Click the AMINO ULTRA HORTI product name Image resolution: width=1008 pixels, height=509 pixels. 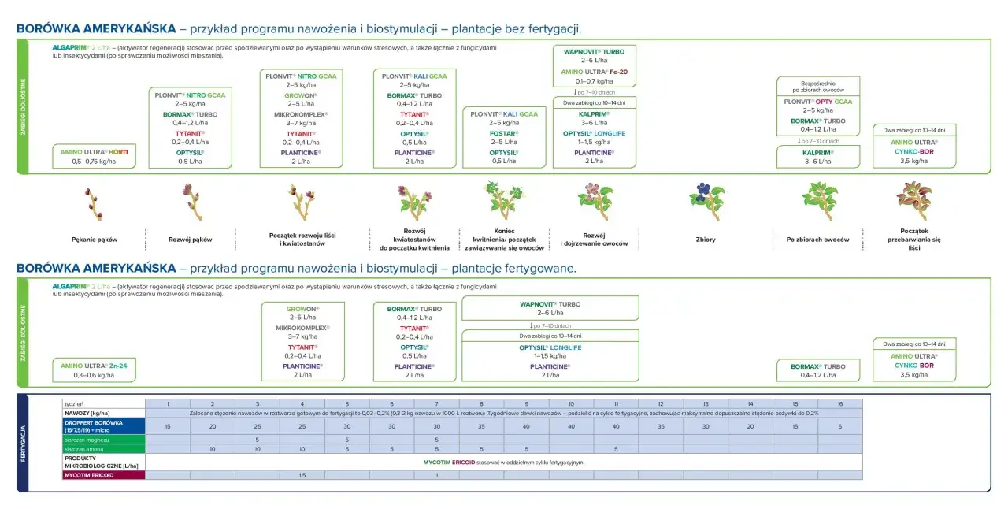(94, 151)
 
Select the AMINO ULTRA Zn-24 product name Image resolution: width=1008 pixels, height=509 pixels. (94, 366)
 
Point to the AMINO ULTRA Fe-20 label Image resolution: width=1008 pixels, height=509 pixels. (595, 72)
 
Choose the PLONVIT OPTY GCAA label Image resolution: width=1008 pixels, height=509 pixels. (818, 102)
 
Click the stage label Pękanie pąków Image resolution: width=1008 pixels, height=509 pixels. (94, 239)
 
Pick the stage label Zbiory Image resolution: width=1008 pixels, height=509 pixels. (706, 240)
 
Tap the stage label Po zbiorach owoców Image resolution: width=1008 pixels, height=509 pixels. (818, 240)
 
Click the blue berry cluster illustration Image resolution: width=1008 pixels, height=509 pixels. (706, 201)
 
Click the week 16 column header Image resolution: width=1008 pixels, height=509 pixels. (840, 403)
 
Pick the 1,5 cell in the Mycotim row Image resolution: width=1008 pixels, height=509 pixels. (302, 475)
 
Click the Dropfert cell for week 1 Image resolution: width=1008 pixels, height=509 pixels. (168, 426)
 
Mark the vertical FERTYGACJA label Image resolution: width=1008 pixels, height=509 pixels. (23, 444)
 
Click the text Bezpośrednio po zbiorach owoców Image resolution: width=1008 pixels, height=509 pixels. (818, 86)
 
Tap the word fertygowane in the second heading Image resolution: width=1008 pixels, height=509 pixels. (536, 269)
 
